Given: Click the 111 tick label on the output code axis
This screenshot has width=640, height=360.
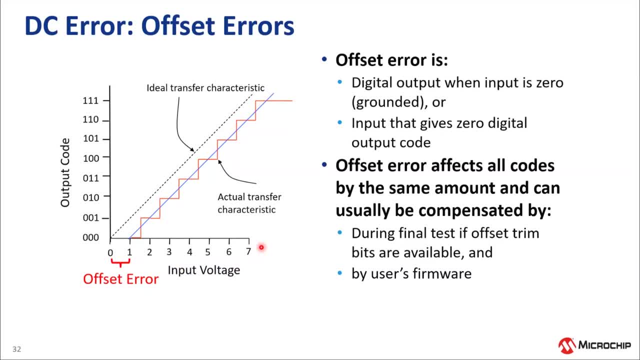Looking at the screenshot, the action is [90, 100].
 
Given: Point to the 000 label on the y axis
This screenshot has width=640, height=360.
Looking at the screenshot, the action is [90, 237].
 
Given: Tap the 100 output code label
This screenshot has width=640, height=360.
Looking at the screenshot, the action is [91, 158].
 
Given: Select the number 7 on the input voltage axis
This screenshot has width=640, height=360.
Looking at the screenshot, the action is [248, 251].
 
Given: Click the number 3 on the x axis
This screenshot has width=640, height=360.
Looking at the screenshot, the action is [169, 251].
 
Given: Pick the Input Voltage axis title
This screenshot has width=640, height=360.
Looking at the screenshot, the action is [203, 270].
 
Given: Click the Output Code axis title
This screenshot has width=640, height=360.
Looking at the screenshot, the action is [65, 172].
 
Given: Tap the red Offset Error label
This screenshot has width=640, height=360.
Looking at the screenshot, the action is [120, 279].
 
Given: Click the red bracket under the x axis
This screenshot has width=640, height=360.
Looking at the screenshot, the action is [120, 262].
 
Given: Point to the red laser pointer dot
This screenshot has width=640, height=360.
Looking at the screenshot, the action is [261, 247].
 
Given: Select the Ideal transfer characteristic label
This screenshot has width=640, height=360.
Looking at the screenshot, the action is [205, 87].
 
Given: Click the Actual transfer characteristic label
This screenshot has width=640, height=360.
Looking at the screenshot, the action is [249, 203].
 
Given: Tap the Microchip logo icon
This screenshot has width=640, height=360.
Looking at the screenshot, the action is [567, 345].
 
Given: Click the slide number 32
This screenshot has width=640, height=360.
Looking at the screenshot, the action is [16, 349].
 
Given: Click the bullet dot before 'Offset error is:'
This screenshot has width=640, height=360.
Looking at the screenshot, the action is [324, 59].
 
